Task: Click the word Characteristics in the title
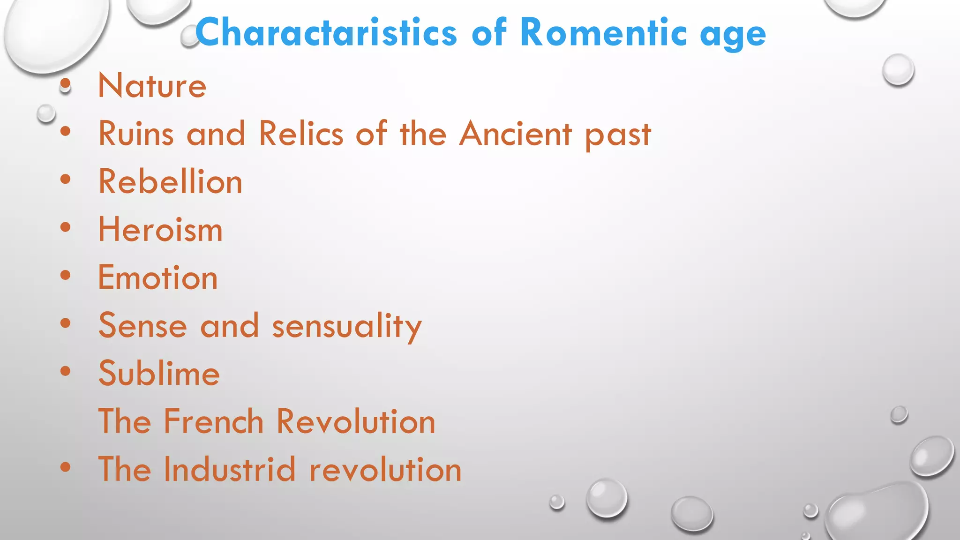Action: [326, 33]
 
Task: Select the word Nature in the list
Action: [152, 86]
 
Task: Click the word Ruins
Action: [136, 134]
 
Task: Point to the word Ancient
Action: [515, 134]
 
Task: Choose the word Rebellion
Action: [170, 182]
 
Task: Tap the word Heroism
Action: [160, 230]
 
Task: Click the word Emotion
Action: [157, 278]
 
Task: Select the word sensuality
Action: [347, 326]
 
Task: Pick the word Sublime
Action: [159, 374]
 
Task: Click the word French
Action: [213, 421]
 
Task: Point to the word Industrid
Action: [230, 469]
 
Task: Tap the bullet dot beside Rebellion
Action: [66, 179]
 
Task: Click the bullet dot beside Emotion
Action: [66, 275]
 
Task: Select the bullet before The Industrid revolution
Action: [66, 467]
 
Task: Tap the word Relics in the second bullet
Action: [301, 134]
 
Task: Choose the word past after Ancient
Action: [618, 136]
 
